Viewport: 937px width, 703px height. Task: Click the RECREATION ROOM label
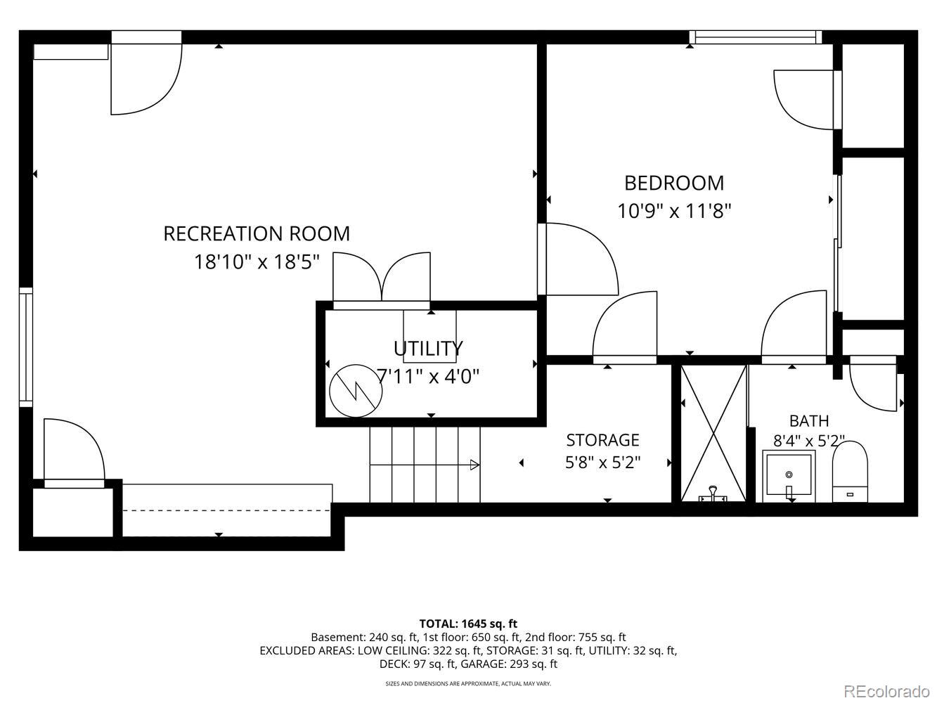pyautogui.click(x=257, y=234)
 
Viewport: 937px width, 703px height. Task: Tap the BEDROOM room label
pyautogui.click(x=674, y=183)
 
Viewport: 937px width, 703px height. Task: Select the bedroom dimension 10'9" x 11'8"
pyautogui.click(x=674, y=211)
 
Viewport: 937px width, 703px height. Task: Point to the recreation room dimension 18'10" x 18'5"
pyautogui.click(x=257, y=262)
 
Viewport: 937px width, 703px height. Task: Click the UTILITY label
pyautogui.click(x=428, y=349)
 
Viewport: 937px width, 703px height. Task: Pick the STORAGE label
pyautogui.click(x=602, y=440)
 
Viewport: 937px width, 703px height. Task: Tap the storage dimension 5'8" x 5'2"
pyautogui.click(x=602, y=463)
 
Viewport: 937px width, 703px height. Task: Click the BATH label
pyautogui.click(x=809, y=421)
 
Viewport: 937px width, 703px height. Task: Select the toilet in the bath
pyautogui.click(x=850, y=472)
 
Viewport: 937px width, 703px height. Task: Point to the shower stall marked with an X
pyautogui.click(x=713, y=433)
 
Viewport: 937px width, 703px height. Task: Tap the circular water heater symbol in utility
pyautogui.click(x=356, y=391)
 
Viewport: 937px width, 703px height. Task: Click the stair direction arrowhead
pyautogui.click(x=474, y=465)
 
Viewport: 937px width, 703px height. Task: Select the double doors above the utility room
pyautogui.click(x=382, y=278)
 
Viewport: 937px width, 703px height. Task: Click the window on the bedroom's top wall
pyautogui.click(x=756, y=37)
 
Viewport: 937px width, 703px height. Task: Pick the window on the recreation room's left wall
pyautogui.click(x=26, y=347)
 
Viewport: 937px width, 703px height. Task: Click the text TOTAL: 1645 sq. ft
pyautogui.click(x=468, y=624)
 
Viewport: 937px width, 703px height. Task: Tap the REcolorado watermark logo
pyautogui.click(x=886, y=690)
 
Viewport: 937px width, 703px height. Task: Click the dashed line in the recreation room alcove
pyautogui.click(x=226, y=510)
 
